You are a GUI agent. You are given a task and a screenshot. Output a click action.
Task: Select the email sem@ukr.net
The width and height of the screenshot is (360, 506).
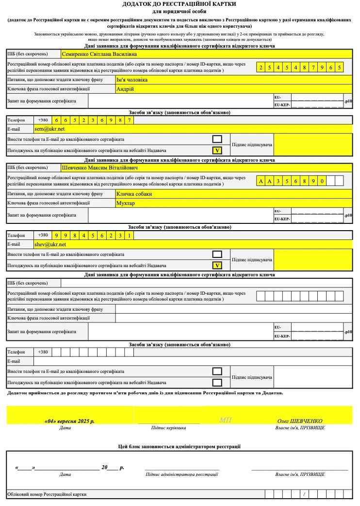[x=49, y=129]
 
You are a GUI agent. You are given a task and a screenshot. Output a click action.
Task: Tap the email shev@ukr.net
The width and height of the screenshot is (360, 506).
[x=50, y=244]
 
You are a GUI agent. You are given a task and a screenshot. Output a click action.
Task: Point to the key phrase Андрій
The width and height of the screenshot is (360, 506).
[x=125, y=89]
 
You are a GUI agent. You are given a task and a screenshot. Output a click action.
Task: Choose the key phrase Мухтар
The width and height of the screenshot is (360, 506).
[x=126, y=203]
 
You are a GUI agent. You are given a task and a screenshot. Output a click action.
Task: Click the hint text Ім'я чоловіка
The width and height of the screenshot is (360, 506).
[x=132, y=80]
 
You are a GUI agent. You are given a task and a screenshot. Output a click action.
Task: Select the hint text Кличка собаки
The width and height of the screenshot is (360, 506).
[x=134, y=194]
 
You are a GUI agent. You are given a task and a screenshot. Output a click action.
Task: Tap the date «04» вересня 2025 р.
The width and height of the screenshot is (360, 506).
[x=69, y=421]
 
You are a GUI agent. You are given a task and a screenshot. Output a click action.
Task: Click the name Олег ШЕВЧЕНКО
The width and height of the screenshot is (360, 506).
[x=300, y=421]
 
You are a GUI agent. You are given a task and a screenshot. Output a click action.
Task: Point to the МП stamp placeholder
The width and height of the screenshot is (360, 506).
[x=226, y=420]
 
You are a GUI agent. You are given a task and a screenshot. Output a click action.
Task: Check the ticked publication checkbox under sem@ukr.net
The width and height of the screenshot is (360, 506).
[x=217, y=151]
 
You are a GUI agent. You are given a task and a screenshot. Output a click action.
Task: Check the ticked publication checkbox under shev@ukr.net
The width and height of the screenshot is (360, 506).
[x=217, y=265]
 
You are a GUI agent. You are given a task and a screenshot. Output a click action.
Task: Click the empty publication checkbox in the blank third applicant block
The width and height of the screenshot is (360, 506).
[x=217, y=382]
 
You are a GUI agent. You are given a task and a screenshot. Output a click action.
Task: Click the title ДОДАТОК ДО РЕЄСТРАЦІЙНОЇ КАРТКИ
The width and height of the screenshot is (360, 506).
[x=180, y=4]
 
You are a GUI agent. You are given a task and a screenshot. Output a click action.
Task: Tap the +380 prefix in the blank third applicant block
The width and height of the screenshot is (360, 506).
[x=43, y=352]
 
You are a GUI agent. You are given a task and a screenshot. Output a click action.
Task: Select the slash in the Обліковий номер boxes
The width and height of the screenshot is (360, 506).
[x=303, y=494]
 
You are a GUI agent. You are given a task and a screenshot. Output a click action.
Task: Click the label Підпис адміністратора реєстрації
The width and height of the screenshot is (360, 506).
[x=182, y=474]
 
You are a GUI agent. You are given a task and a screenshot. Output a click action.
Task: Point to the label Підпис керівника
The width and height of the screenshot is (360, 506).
[x=169, y=428]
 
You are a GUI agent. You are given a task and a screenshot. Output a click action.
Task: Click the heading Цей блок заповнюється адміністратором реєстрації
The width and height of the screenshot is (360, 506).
[x=180, y=446]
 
